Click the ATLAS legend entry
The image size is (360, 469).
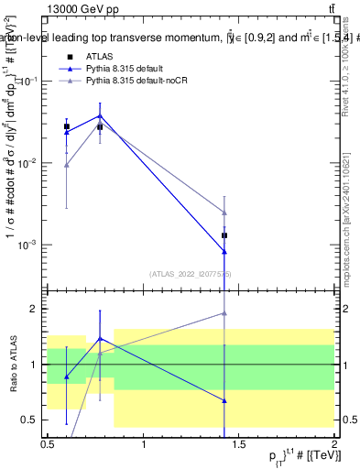coord(99,56)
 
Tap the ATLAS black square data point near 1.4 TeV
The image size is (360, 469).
coord(224,235)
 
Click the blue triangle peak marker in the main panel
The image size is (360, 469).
coord(100,115)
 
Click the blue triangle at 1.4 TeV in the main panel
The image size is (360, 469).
coord(224,252)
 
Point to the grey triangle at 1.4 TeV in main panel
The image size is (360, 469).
coord(224,213)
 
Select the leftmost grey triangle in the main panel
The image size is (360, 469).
coord(66,165)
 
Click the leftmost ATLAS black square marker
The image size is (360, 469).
coord(66,126)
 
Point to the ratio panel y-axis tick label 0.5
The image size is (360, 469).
coord(33,420)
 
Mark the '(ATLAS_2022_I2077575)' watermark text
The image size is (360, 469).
coord(191,273)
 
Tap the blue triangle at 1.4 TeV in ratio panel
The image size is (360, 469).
coord(224,400)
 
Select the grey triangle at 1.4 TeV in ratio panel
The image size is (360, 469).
coord(224,313)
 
